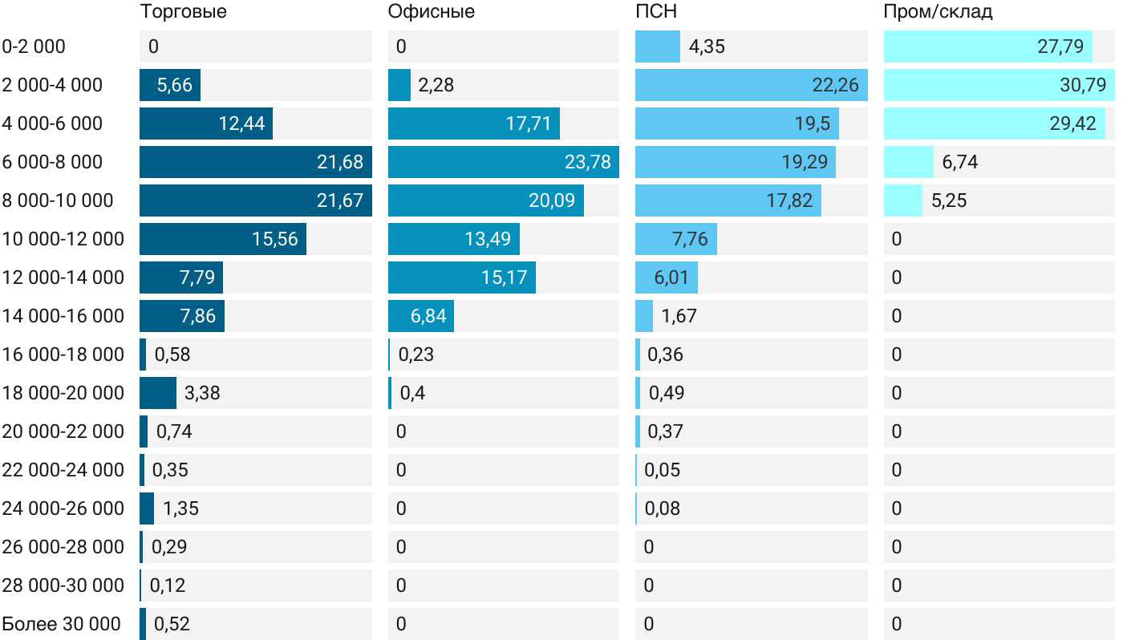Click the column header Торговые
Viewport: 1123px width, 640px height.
click(x=183, y=11)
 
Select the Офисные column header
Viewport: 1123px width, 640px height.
click(x=431, y=11)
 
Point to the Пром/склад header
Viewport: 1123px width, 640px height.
click(x=938, y=11)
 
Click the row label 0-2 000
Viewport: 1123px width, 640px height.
click(x=34, y=47)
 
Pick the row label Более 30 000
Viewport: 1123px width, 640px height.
click(x=62, y=624)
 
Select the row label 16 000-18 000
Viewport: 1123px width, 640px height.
click(x=63, y=354)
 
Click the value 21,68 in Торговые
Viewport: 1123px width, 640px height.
click(x=340, y=162)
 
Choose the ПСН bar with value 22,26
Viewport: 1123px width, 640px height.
click(x=751, y=85)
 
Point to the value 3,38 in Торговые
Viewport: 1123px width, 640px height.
click(x=202, y=393)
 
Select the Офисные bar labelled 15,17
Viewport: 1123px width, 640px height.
click(x=461, y=277)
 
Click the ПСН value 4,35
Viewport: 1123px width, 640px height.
click(x=707, y=47)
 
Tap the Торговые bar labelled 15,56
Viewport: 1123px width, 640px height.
click(x=223, y=239)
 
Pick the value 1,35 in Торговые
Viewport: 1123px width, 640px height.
click(x=180, y=508)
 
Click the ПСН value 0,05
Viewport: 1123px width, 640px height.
click(x=662, y=470)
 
